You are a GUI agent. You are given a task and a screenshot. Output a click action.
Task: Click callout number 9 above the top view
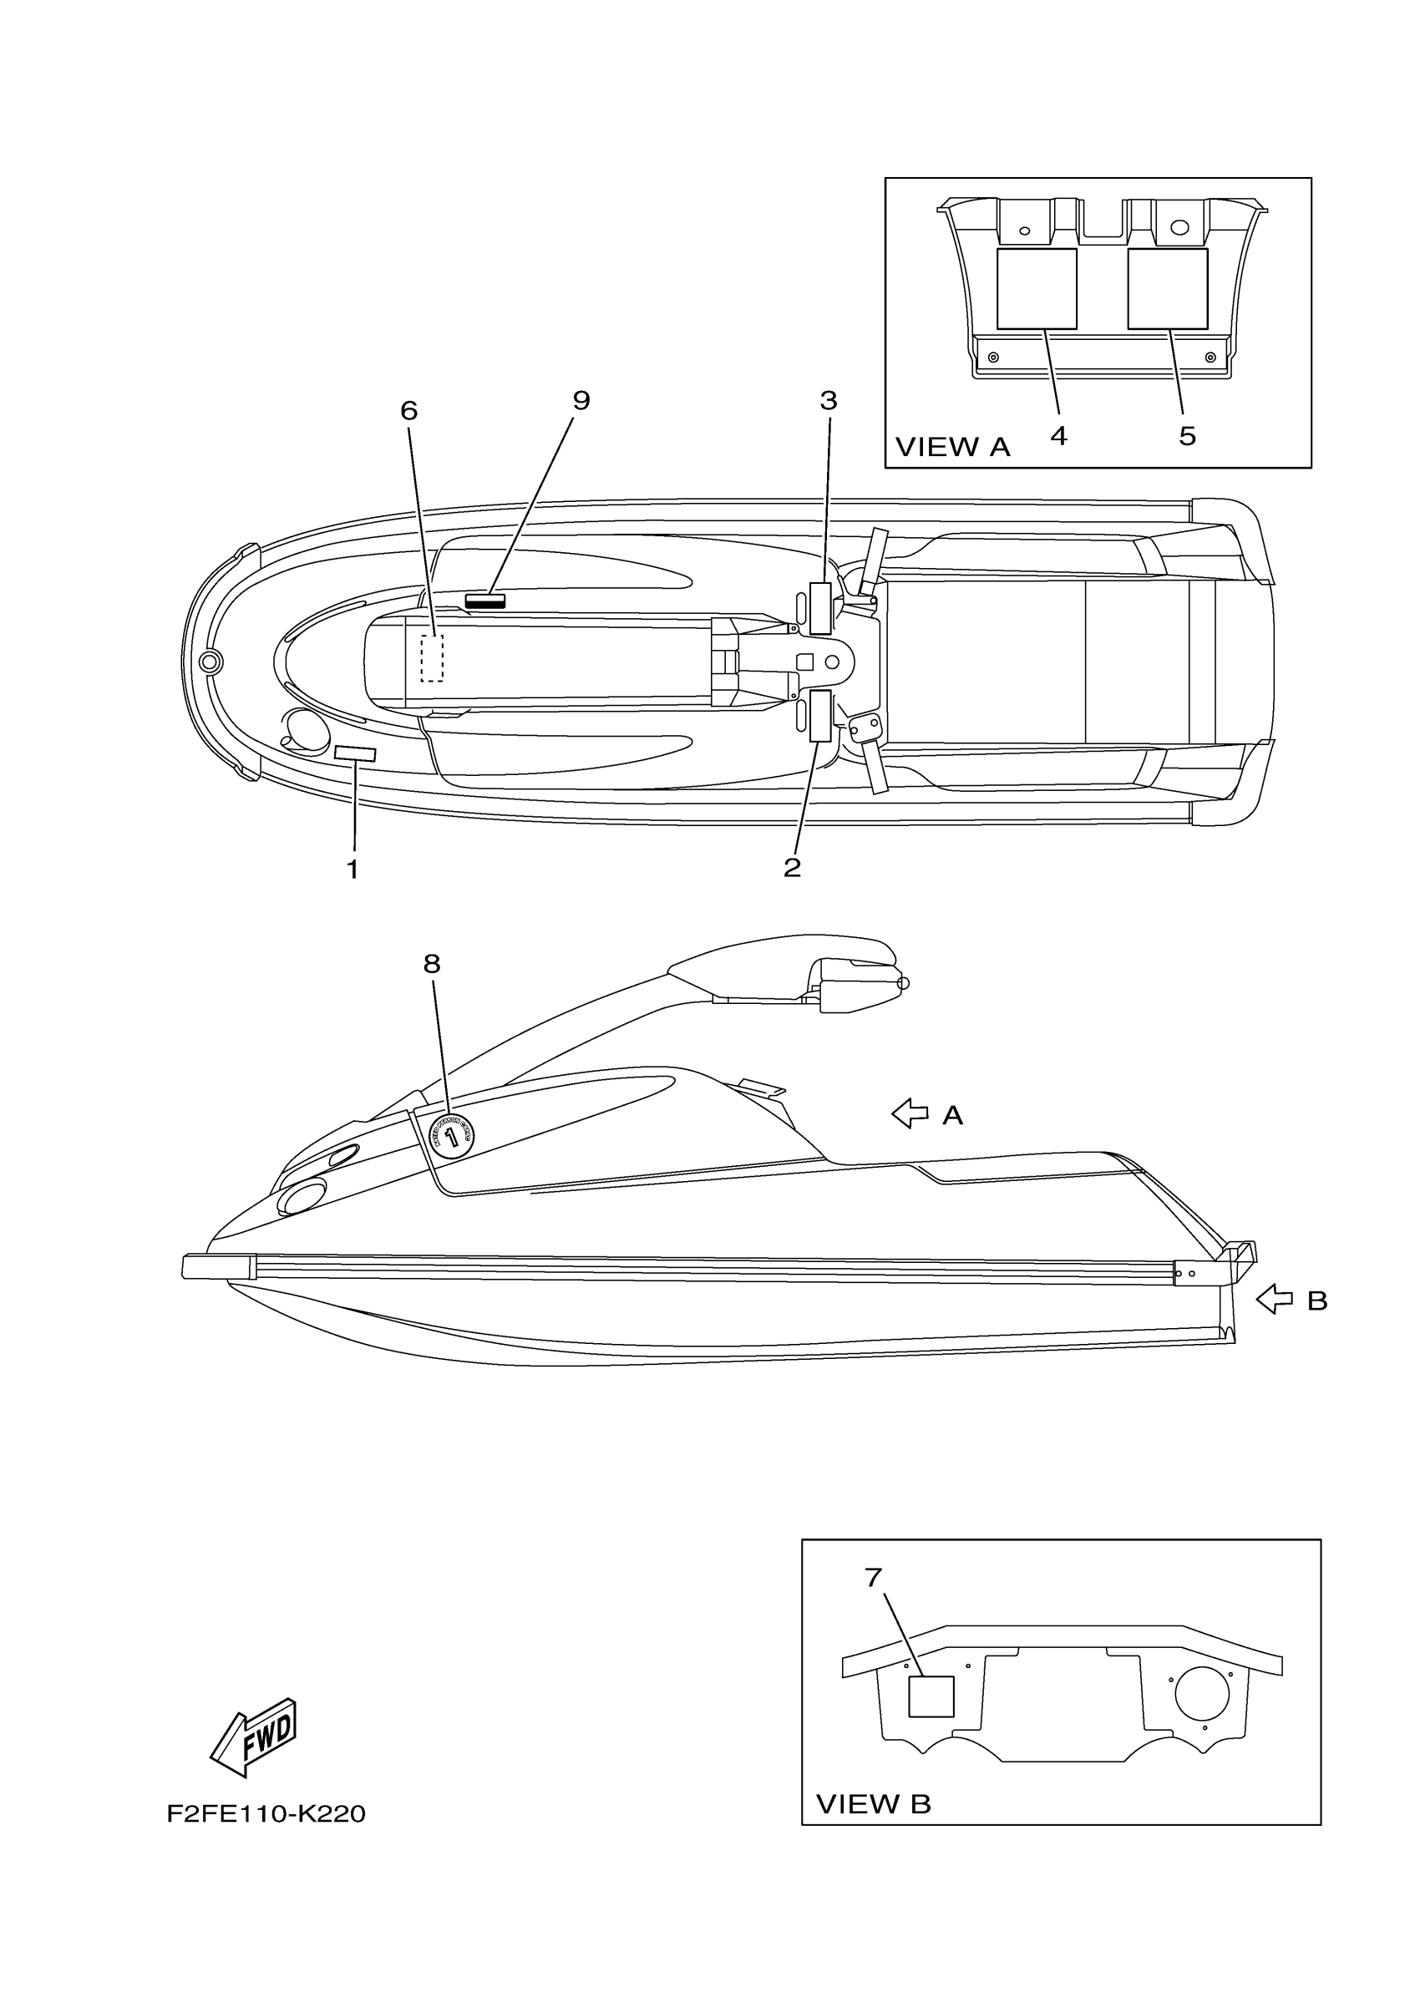[x=581, y=401]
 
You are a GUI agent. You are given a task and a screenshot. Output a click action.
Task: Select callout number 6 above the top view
[x=408, y=410]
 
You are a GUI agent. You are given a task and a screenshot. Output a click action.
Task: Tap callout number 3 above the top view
[x=828, y=401]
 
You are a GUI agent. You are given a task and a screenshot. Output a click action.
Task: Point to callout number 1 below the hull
[x=352, y=870]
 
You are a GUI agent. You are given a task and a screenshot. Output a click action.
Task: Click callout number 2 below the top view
[x=792, y=868]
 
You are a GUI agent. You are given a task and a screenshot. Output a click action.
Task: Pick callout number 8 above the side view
[x=431, y=964]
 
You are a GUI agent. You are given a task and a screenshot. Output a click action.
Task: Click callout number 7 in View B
[x=874, y=1577]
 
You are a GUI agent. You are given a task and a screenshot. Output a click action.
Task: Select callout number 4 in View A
[x=1058, y=435]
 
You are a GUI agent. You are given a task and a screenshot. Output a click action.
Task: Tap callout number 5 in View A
[x=1187, y=435]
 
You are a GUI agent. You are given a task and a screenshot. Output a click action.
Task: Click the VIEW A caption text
[x=952, y=447]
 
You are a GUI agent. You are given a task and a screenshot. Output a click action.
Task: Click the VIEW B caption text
[x=873, y=1803]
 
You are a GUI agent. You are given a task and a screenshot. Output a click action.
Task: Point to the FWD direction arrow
[x=255, y=1736]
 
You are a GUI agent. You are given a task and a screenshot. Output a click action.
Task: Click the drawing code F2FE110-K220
[x=266, y=1814]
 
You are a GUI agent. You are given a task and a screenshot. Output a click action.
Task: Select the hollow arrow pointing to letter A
[x=910, y=1113]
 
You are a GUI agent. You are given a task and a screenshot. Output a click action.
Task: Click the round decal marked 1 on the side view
[x=452, y=1137]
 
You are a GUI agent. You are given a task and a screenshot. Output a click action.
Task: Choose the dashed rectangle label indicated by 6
[x=432, y=657]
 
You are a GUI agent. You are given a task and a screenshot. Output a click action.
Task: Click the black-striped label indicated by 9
[x=485, y=600]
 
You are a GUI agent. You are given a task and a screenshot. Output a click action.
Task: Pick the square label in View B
[x=931, y=1696]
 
